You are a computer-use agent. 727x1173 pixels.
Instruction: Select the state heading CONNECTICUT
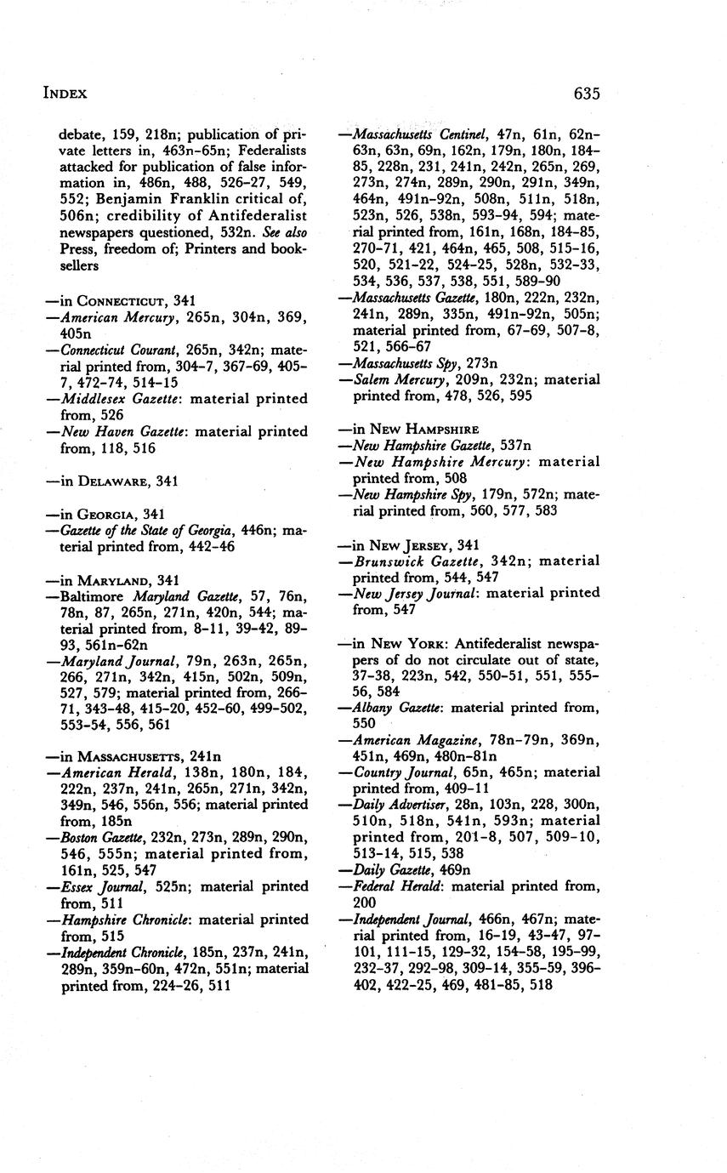coord(122,300)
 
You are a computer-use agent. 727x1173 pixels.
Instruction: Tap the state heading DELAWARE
coord(115,481)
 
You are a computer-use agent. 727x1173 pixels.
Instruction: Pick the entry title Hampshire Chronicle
coord(125,920)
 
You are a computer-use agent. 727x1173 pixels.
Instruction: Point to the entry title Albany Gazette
coord(397,708)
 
